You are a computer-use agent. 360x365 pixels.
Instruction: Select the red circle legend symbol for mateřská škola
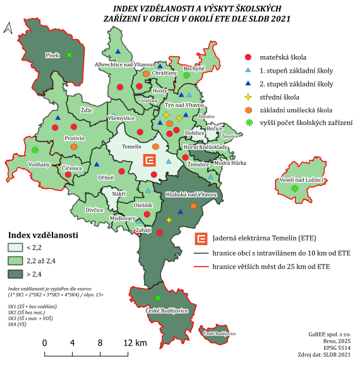[x=248, y=57]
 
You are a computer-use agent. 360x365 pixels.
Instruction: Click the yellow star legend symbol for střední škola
[x=248, y=97]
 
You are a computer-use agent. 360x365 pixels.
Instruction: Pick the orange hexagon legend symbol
[x=248, y=109]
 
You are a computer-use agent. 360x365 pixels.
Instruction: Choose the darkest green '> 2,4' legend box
[x=15, y=274]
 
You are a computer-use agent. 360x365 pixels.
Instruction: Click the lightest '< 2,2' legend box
[x=15, y=248]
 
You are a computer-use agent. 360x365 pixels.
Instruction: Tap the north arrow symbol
[x=8, y=28]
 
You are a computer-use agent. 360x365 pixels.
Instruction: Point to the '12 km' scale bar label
[x=136, y=343]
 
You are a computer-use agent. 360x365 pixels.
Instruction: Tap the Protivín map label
[x=75, y=137]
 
